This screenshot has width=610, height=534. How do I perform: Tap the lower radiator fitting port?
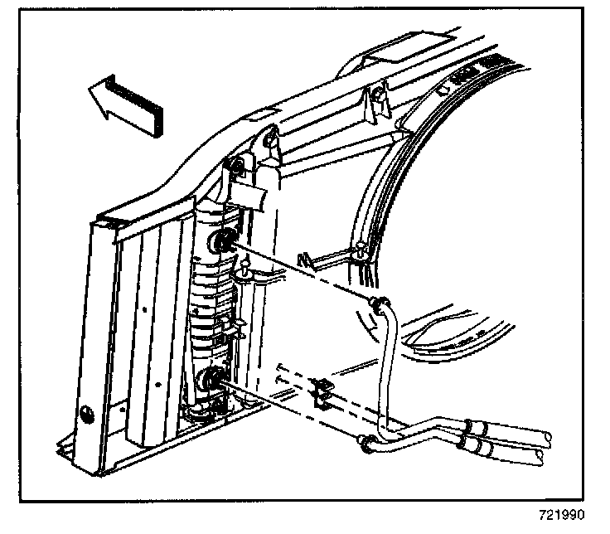(x=212, y=381)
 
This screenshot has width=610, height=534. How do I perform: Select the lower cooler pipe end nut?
(x=365, y=445)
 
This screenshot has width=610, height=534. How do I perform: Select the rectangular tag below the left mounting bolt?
(x=252, y=197)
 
